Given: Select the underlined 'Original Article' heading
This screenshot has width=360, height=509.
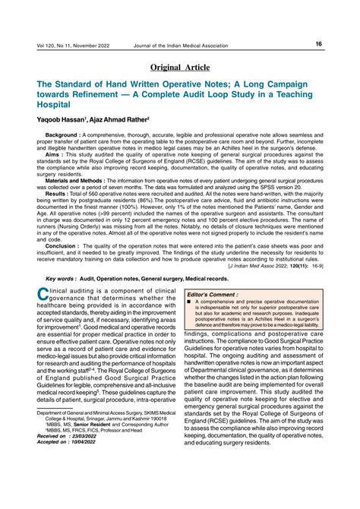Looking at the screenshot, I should [x=180, y=68].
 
